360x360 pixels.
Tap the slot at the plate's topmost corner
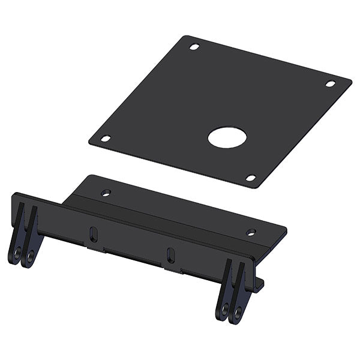pyautogui.click(x=194, y=46)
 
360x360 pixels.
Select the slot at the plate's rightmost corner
pyautogui.click(x=331, y=83)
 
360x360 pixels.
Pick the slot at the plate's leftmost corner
pyautogui.click(x=106, y=139)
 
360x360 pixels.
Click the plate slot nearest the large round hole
pyautogui.click(x=251, y=178)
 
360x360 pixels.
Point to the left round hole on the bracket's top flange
pyautogui.click(x=106, y=193)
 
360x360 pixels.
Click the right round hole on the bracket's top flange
pyautogui.click(x=251, y=232)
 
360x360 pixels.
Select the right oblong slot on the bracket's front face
pyautogui.click(x=171, y=254)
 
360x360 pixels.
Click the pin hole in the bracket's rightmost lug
pyautogui.click(x=238, y=311)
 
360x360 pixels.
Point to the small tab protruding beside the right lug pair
pyautogui.click(x=260, y=284)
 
